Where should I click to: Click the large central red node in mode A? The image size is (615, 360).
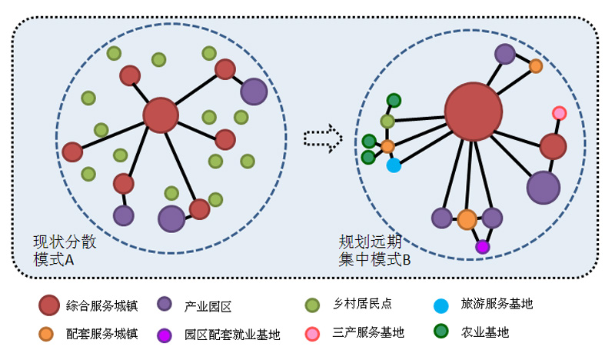coord(161,115)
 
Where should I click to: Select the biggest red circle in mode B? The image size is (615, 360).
coord(473,112)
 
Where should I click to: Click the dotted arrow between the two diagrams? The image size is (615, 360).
coord(322,138)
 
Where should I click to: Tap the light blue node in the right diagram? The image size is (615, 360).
coord(394,165)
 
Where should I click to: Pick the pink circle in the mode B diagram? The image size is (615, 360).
coord(560,113)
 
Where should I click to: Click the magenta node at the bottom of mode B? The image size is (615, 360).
coord(482,247)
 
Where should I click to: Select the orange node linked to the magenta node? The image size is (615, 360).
coord(467,219)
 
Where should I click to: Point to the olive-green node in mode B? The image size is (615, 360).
coord(387,121)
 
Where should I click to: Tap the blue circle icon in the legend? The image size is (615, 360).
coord(440,305)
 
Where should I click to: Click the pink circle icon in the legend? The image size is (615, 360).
coord(312,333)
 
